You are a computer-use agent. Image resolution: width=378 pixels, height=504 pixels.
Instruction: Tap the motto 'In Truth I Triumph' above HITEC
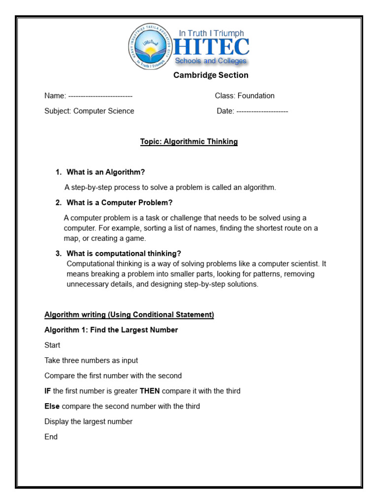211,33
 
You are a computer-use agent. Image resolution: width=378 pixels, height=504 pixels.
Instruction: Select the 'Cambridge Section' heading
211,75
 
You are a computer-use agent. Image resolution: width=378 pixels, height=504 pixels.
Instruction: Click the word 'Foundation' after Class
256,96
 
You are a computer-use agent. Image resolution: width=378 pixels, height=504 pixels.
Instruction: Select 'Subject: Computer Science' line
89,111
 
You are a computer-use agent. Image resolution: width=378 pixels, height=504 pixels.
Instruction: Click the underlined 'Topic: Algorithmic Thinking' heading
189,142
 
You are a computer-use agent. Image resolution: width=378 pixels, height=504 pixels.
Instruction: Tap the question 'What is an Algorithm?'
106,172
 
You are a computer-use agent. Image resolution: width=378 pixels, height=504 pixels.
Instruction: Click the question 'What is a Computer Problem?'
120,203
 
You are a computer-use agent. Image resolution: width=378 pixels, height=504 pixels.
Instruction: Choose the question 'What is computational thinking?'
124,253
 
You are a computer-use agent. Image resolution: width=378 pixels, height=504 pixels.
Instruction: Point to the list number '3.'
58,253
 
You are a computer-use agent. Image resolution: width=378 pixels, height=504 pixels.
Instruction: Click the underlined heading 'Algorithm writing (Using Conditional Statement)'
129,315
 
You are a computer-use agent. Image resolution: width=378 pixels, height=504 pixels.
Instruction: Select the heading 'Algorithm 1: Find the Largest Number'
111,330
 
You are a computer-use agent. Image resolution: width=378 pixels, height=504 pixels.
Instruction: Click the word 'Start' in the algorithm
52,346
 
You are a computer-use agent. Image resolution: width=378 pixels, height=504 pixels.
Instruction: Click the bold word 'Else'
52,407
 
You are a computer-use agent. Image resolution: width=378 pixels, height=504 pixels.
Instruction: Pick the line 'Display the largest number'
89,422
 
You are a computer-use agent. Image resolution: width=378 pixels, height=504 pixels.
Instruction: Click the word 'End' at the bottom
51,437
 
